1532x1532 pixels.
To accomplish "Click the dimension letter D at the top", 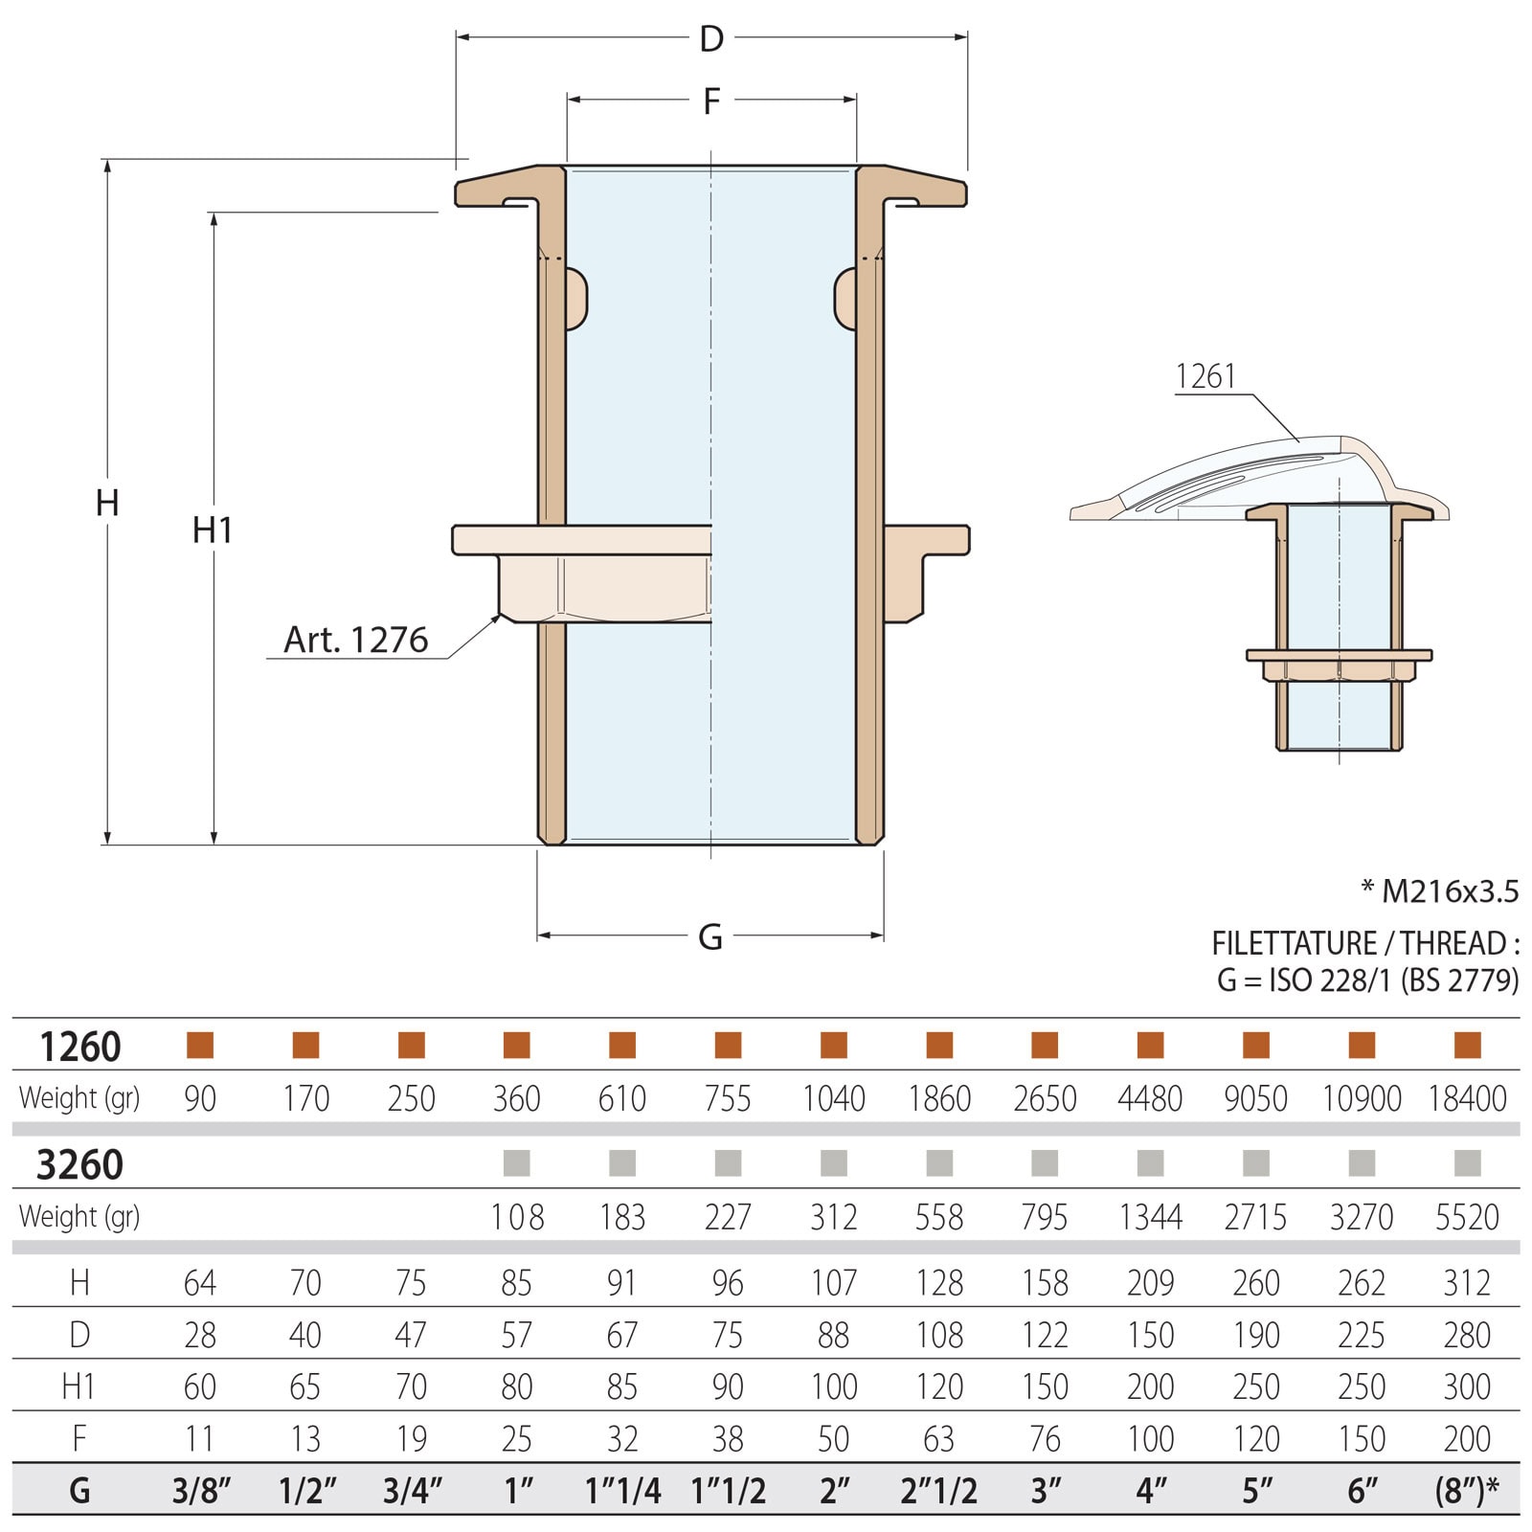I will (x=710, y=39).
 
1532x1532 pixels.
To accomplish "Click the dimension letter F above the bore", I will (x=710, y=101).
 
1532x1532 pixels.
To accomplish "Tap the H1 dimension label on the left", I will (x=213, y=529).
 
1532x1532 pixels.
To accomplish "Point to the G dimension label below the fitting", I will (x=710, y=936).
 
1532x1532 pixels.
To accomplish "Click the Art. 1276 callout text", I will (x=355, y=640).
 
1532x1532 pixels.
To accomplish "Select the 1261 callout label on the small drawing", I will (x=1205, y=376).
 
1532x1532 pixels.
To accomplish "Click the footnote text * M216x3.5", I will (x=1439, y=891).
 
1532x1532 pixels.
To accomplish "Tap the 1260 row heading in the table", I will (x=79, y=1047).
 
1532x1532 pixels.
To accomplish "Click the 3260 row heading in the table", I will (x=79, y=1164).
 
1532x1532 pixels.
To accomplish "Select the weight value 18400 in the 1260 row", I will (x=1467, y=1098).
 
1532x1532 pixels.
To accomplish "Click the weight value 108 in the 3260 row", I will (x=517, y=1217).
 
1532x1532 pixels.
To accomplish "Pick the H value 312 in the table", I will (x=1467, y=1282).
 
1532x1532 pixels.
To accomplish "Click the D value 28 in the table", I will (x=199, y=1335).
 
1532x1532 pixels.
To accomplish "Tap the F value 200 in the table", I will (x=1467, y=1438).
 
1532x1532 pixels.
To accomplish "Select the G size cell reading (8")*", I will (x=1467, y=1491).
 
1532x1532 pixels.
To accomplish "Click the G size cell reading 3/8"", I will (x=201, y=1491).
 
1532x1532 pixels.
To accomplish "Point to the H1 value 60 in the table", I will (x=199, y=1386).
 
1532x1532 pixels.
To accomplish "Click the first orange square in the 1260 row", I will (x=200, y=1045).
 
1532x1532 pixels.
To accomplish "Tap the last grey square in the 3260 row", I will (x=1467, y=1163).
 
